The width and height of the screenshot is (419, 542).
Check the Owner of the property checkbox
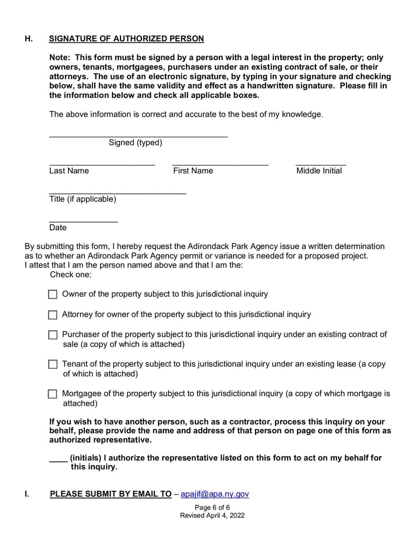pos(52,294)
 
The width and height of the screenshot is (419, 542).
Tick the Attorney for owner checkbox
pos(52,315)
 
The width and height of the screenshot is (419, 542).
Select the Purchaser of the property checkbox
pos(52,335)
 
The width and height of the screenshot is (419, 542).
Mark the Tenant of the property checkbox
pos(52,364)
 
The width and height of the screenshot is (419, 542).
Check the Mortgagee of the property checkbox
pos(52,394)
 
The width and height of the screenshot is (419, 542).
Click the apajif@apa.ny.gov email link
pos(214,494)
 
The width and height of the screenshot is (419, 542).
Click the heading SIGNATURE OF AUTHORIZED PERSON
pos(126,39)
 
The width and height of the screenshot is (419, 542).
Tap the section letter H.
pos(29,39)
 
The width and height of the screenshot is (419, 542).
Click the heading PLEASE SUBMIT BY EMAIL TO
pos(111,494)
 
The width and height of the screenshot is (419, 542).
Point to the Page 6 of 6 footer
pos(212,507)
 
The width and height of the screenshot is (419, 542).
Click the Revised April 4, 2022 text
pos(212,515)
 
